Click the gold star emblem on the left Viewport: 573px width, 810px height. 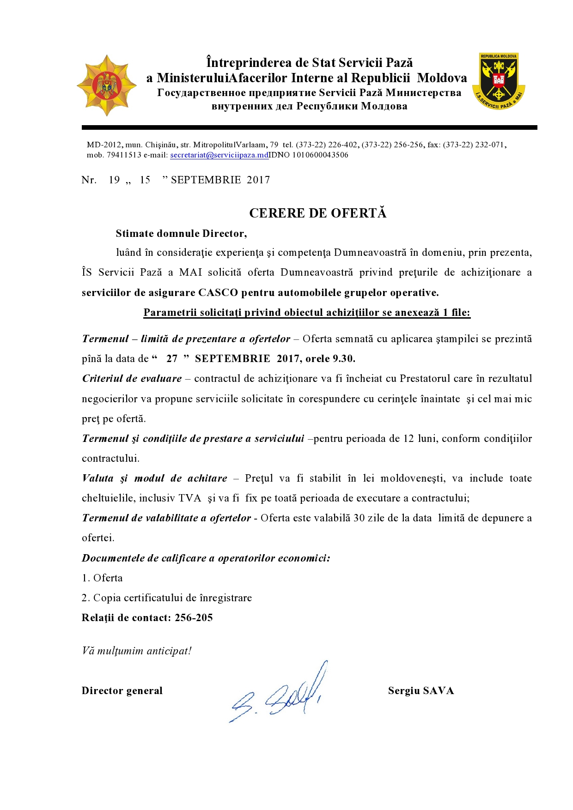click(x=107, y=85)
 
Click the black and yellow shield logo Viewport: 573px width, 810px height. click(x=499, y=81)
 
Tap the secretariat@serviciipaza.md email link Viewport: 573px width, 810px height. click(x=219, y=155)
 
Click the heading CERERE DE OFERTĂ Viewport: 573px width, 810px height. click(x=317, y=213)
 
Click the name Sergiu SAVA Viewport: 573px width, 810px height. click(x=421, y=691)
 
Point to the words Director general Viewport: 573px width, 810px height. click(x=122, y=691)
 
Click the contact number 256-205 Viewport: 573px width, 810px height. click(x=194, y=618)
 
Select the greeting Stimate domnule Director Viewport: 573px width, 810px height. click(x=181, y=234)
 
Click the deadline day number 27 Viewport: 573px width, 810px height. click(x=172, y=359)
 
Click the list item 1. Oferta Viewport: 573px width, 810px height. click(x=102, y=578)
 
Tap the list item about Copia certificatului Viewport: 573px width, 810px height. click(x=167, y=598)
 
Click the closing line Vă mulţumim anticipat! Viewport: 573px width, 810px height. click(x=136, y=651)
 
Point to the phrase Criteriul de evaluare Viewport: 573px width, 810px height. click(x=132, y=379)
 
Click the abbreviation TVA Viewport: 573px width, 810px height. click(x=190, y=498)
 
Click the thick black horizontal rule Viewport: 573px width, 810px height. click(x=309, y=127)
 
